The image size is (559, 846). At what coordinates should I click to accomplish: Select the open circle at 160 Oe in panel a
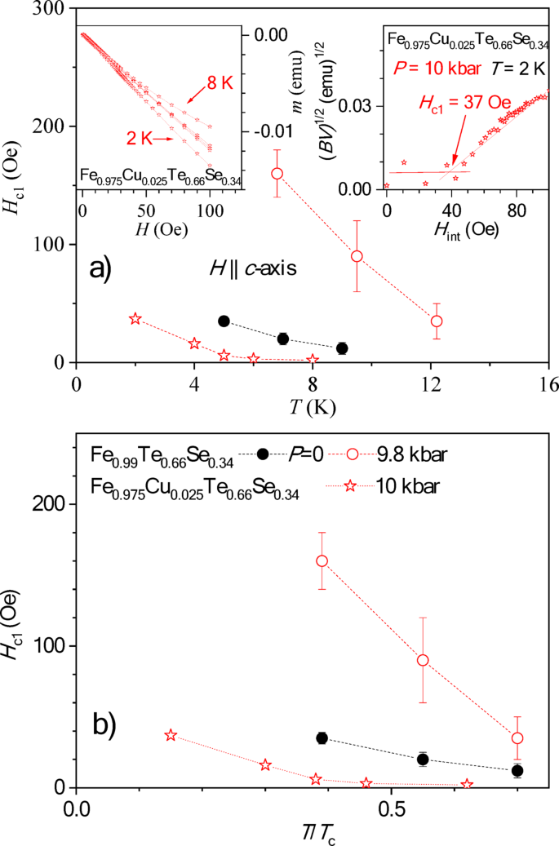tap(277, 173)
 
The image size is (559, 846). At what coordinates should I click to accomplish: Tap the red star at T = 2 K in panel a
tap(135, 318)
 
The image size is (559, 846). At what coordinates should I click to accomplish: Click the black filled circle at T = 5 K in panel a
tap(224, 321)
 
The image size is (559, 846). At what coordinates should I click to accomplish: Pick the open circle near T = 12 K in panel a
tap(437, 321)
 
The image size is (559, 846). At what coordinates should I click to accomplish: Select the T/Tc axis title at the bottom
tap(311, 832)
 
